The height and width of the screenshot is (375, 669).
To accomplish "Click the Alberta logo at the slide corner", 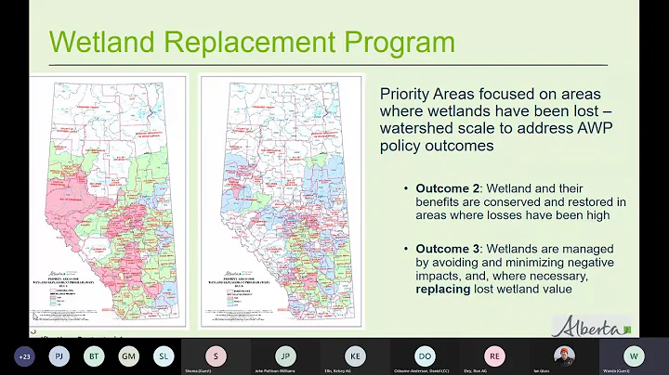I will click(592, 326).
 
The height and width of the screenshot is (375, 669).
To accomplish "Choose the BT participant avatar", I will click(93, 355).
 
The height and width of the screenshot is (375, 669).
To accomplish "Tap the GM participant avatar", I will click(128, 355).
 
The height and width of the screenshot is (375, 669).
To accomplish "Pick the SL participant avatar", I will click(164, 355).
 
